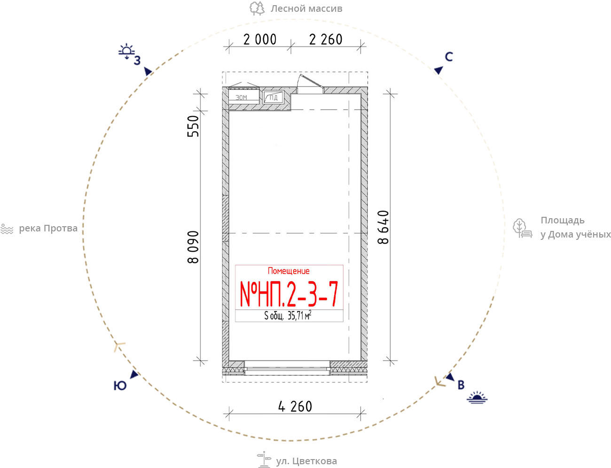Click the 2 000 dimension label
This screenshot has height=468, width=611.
click(x=260, y=40)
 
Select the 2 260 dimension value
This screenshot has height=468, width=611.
click(x=326, y=40)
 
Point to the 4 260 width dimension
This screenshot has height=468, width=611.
click(x=295, y=406)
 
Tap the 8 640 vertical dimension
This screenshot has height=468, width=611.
click(x=384, y=227)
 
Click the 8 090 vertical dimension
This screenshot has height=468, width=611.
click(x=193, y=247)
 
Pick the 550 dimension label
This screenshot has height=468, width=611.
click(x=193, y=126)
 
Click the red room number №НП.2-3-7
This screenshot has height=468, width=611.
click(x=289, y=294)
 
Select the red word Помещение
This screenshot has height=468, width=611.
click(x=289, y=271)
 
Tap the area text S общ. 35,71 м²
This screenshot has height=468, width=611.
click(x=288, y=316)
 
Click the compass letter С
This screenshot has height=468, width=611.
click(x=449, y=57)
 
